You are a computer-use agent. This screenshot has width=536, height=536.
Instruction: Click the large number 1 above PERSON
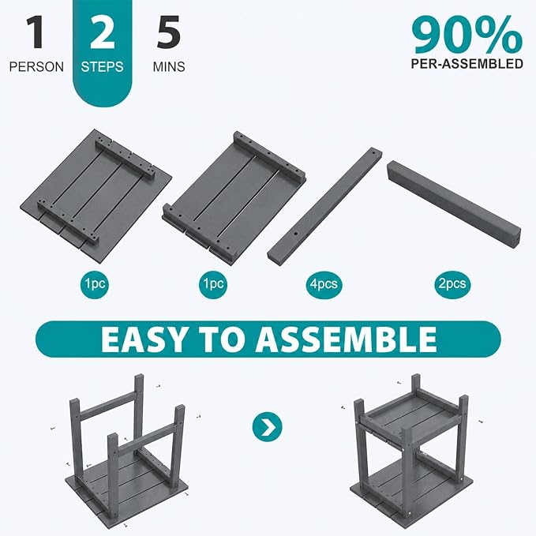click(36, 32)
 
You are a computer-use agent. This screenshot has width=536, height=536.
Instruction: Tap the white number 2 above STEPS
click(102, 32)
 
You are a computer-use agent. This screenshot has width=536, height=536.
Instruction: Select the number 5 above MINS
click(168, 32)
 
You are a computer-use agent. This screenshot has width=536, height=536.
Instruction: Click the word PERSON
click(36, 66)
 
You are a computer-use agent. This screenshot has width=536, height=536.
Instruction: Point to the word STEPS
click(102, 66)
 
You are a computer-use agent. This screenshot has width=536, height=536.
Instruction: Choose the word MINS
click(169, 66)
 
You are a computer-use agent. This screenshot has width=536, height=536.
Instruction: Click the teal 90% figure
click(467, 36)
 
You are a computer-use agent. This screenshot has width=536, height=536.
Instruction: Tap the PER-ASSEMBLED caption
click(467, 64)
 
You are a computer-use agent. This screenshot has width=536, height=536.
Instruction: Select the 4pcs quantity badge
click(324, 283)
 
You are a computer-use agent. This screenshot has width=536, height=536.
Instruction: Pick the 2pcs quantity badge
click(452, 283)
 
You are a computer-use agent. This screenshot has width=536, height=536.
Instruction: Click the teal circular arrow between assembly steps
click(268, 427)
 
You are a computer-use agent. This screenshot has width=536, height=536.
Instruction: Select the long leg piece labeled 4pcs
click(324, 204)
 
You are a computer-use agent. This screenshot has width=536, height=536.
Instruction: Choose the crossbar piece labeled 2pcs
click(455, 204)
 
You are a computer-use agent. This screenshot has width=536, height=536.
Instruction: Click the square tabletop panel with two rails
click(96, 196)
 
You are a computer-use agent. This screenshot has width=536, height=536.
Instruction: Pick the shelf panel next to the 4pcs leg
click(234, 198)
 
